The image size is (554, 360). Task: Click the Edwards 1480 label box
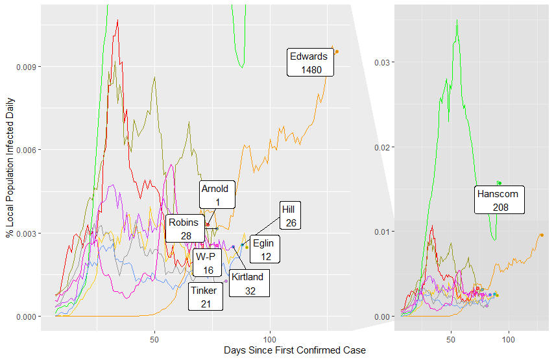coord(311,62)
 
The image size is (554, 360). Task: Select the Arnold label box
coord(215,195)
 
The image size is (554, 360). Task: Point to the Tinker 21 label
coord(206,297)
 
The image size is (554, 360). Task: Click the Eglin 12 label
coord(262,249)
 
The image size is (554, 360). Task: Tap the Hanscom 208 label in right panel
coord(500,200)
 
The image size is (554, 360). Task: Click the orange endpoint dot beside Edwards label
coord(337,51)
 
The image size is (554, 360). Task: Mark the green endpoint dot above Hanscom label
coord(499,183)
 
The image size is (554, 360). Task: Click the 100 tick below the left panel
coord(271,339)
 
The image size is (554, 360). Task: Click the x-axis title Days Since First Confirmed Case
coord(295,350)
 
